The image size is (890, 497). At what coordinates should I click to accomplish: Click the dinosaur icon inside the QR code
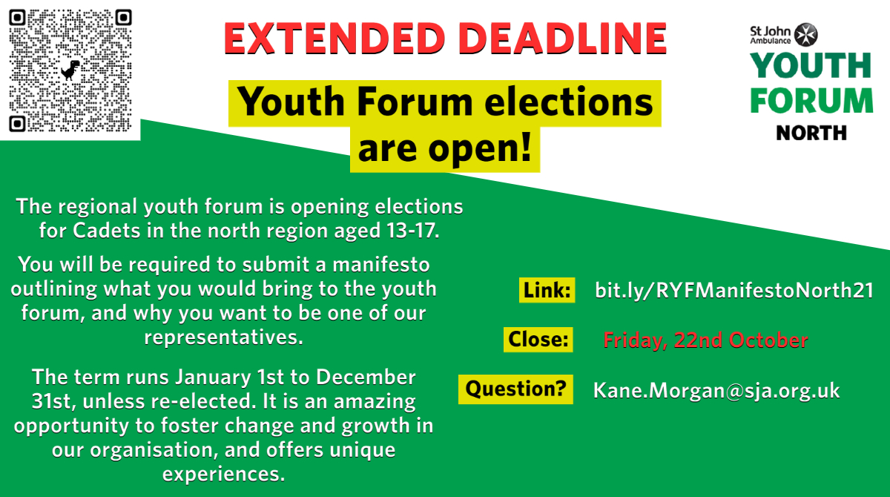(71, 70)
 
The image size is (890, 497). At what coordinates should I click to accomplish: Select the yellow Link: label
(547, 290)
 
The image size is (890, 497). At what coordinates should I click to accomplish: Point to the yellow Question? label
(516, 389)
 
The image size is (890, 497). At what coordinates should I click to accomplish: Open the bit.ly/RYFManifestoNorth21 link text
(734, 290)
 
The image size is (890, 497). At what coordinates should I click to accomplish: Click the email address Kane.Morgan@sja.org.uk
(716, 390)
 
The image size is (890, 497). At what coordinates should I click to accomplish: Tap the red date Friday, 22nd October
(705, 340)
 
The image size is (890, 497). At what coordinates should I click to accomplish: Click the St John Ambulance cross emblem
(805, 34)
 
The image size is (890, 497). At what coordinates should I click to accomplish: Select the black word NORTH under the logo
(811, 133)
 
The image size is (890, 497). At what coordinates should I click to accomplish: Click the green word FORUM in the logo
(811, 100)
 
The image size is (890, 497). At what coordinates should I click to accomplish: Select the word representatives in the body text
(223, 337)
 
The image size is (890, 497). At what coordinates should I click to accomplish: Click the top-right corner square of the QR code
(123, 16)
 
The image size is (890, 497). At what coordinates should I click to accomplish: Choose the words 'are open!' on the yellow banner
(445, 149)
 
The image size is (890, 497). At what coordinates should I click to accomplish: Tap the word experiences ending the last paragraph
(223, 473)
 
